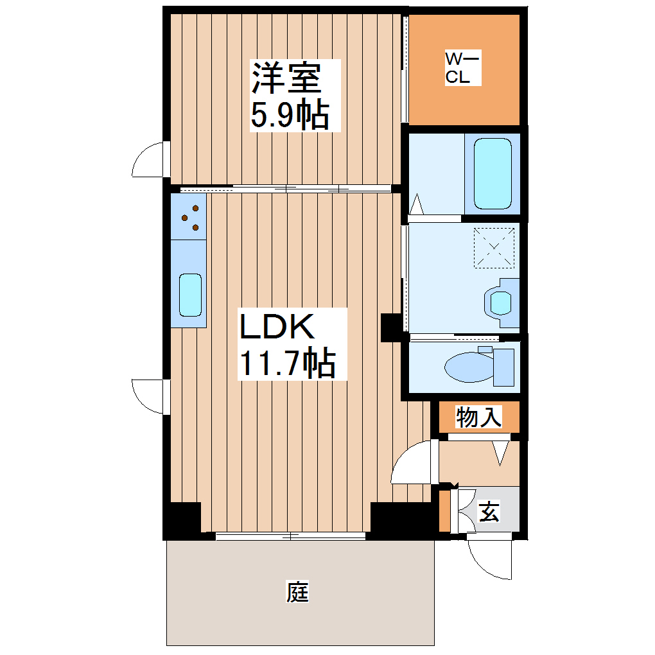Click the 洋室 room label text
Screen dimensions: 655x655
286,78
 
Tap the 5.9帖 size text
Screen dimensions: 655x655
290,116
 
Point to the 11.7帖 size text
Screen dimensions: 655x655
287,363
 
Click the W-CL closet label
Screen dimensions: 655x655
462,69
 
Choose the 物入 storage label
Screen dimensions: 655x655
478,417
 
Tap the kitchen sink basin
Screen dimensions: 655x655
190,295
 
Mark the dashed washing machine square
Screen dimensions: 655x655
495,247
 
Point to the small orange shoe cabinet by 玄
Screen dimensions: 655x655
444,511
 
